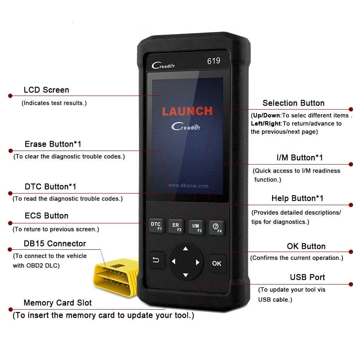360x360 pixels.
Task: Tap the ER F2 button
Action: [177, 226]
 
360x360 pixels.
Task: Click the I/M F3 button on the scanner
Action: [196, 228]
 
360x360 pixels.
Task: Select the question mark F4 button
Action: [217, 228]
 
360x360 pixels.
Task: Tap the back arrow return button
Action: [156, 261]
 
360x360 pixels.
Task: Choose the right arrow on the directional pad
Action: [197, 262]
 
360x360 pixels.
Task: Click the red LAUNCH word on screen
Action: [187, 111]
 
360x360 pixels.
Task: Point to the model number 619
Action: [213, 61]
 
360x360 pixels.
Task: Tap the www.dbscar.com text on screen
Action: [188, 186]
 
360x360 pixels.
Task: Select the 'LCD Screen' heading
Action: [46, 90]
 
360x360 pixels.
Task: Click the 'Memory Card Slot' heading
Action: [58, 303]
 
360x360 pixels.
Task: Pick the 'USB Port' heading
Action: [307, 277]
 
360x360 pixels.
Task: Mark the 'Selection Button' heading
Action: [293, 103]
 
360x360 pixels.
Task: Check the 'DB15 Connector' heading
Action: [55, 243]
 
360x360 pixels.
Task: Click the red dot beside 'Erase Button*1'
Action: [9, 151]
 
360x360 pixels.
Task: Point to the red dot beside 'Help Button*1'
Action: [351, 205]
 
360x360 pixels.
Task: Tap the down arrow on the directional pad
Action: [185, 275]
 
